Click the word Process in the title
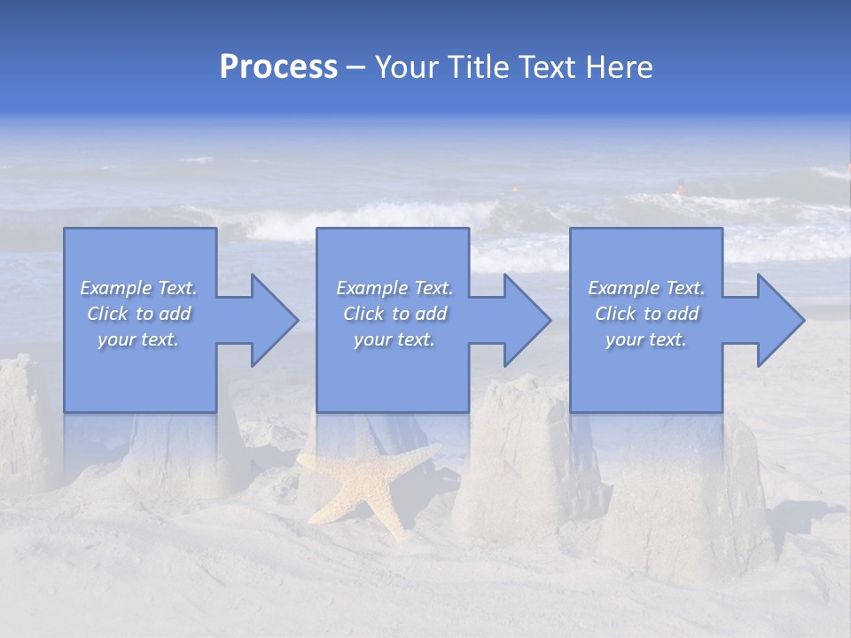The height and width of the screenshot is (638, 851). point(278,67)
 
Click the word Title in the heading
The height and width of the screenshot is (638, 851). point(476,67)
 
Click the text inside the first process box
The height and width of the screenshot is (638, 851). point(139,314)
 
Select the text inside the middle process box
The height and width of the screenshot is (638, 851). point(394,314)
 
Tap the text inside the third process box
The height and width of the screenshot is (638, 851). point(646,314)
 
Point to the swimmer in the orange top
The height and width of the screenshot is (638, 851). point(681,187)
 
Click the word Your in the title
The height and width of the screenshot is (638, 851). point(406,67)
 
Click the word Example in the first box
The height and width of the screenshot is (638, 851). point(116,288)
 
